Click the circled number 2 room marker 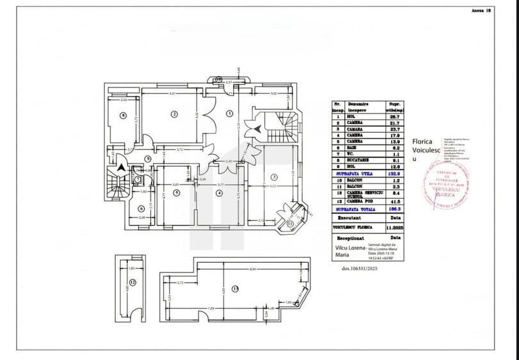point(173,114)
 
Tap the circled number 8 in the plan point(121,116)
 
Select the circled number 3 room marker point(273,176)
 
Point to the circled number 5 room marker point(177,192)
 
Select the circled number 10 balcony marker point(218,79)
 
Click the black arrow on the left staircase point(120,168)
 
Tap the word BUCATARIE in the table point(360,160)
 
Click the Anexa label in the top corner point(479,11)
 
